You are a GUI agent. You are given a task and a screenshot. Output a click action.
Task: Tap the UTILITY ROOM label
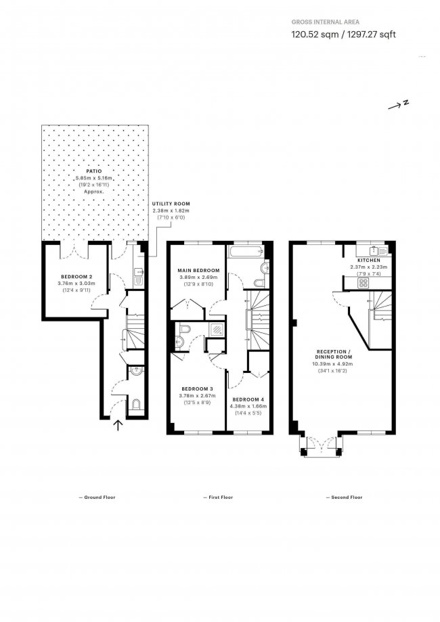[171, 204]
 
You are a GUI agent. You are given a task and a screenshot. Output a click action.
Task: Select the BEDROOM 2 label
[76, 277]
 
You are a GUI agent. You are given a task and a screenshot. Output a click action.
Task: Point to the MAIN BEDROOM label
[198, 271]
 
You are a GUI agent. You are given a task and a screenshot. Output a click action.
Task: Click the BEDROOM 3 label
[197, 388]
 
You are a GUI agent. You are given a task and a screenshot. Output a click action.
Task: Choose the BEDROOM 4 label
[248, 399]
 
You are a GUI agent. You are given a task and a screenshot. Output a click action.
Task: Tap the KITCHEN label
[369, 260]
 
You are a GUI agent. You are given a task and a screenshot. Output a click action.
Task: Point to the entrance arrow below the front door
[118, 425]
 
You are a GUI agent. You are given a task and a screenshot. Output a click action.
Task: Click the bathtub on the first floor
[246, 251]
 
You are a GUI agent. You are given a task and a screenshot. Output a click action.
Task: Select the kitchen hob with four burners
[364, 283]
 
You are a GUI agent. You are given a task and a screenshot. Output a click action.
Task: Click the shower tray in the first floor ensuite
[216, 329]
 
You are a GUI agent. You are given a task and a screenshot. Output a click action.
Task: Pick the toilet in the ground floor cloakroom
[135, 404]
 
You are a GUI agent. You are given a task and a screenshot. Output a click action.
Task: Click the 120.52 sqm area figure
[315, 35]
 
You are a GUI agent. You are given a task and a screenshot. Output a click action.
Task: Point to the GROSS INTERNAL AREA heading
[326, 22]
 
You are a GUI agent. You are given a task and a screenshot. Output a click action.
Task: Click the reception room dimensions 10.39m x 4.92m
[333, 363]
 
